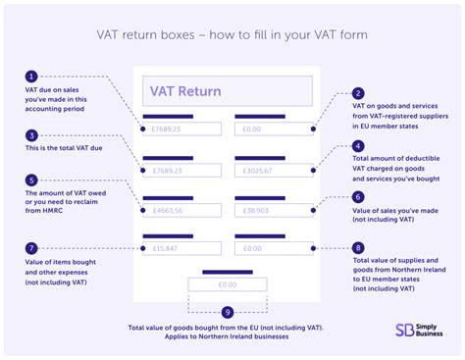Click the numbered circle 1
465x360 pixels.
(x=32, y=77)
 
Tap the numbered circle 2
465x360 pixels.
(x=357, y=93)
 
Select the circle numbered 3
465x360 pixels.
(x=32, y=135)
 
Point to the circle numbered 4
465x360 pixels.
(x=357, y=147)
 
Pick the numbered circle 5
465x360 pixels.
(x=32, y=180)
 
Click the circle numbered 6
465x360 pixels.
(x=357, y=195)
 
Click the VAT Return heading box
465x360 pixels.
(x=227, y=91)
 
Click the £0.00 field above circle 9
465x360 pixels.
(x=227, y=284)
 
